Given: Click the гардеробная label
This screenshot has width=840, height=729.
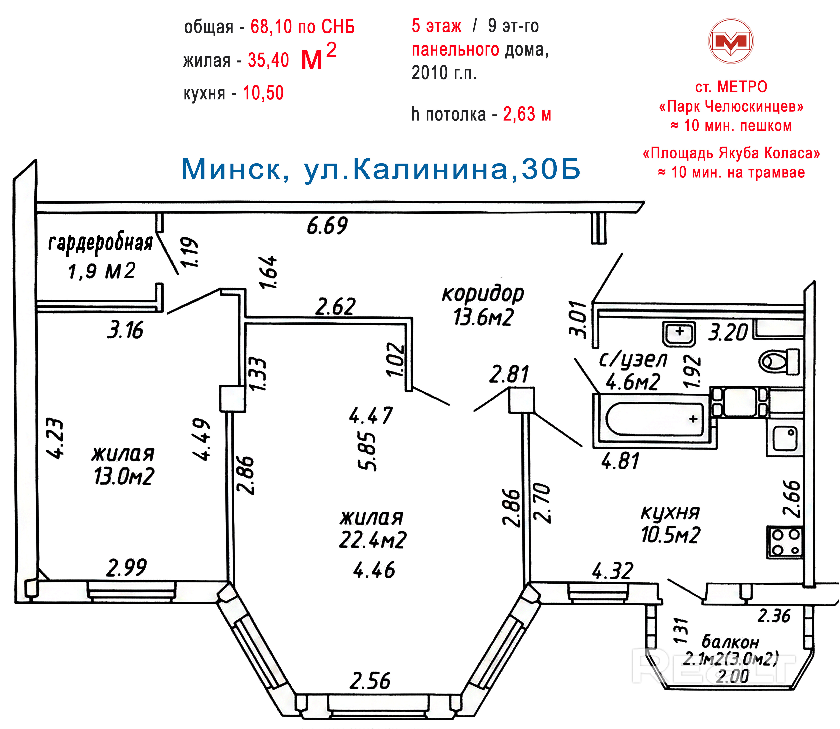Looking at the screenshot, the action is click(100, 243).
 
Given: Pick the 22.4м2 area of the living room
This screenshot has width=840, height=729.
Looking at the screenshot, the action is click(373, 540).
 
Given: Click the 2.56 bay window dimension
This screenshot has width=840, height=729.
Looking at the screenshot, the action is click(370, 681).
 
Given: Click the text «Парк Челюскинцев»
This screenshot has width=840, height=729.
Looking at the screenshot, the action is click(731, 107).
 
